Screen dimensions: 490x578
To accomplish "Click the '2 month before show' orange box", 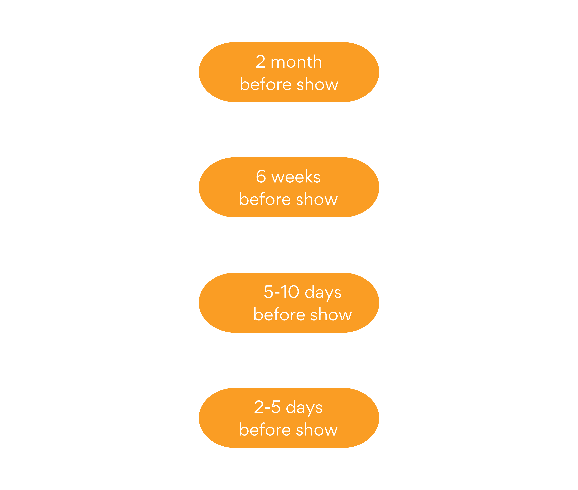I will (289, 72).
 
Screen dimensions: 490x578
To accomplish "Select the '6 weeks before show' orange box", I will (289, 187).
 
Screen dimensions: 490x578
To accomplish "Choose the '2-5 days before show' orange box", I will (289, 418).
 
